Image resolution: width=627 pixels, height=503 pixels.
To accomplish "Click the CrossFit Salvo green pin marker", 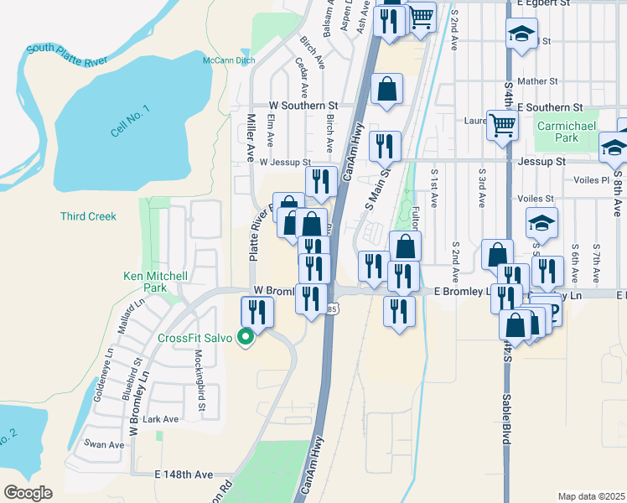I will click(x=246, y=338).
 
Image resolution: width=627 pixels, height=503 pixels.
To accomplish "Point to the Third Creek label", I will click(x=88, y=216).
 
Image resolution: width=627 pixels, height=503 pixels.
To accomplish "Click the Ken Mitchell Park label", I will click(x=154, y=281).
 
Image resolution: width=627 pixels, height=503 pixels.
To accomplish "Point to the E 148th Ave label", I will click(x=184, y=474).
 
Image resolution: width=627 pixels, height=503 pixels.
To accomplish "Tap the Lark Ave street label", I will click(x=161, y=419).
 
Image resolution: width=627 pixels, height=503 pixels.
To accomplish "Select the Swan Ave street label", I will click(x=104, y=444).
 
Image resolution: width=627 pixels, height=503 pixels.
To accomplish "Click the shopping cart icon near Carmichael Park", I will click(x=502, y=126).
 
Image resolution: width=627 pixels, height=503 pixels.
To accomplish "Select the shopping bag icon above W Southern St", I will click(x=387, y=88).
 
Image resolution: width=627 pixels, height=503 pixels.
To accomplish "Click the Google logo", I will click(x=28, y=493).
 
